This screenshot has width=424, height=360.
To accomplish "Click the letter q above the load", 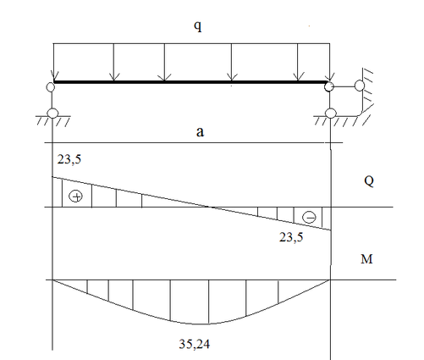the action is tap(198, 26).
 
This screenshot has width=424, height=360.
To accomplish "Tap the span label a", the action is tap(200, 132).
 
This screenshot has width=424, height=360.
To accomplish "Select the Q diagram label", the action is tap(369, 180).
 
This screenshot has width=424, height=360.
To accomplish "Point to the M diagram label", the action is tap(366, 259).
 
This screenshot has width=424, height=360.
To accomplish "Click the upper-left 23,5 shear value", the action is tap(69, 159).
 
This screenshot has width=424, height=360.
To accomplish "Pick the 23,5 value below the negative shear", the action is tap(291, 237).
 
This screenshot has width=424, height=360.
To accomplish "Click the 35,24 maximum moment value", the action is tap(195, 344).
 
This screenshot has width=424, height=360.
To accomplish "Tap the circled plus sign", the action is tap(76, 197).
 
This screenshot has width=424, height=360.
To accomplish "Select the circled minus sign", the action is tap(309, 218).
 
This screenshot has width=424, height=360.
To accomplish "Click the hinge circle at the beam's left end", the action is tap(51, 86).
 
